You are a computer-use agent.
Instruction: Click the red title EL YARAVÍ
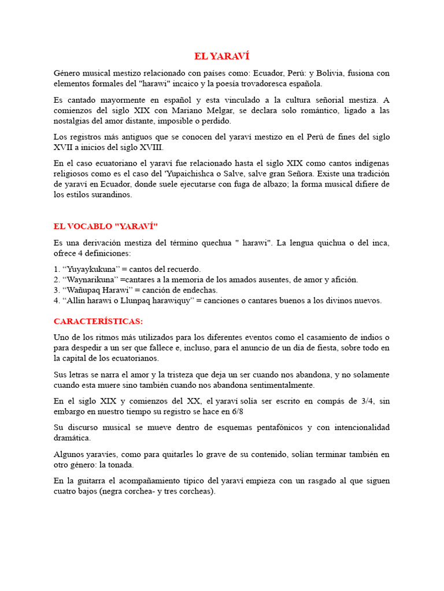click(x=221, y=56)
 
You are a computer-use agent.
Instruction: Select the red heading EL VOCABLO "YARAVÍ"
click(x=105, y=226)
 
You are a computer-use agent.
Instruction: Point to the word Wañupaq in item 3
click(x=82, y=290)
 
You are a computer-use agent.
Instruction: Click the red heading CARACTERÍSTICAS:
click(x=98, y=321)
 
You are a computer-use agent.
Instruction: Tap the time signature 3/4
click(x=358, y=401)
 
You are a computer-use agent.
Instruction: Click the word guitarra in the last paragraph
click(x=93, y=481)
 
